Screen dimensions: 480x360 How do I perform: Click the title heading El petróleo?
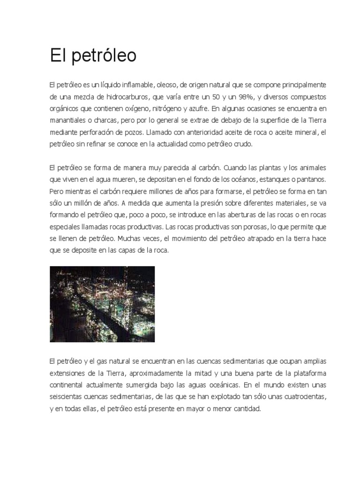[93, 56]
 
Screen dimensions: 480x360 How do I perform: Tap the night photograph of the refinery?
[102, 304]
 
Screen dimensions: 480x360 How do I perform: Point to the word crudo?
[243, 144]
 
